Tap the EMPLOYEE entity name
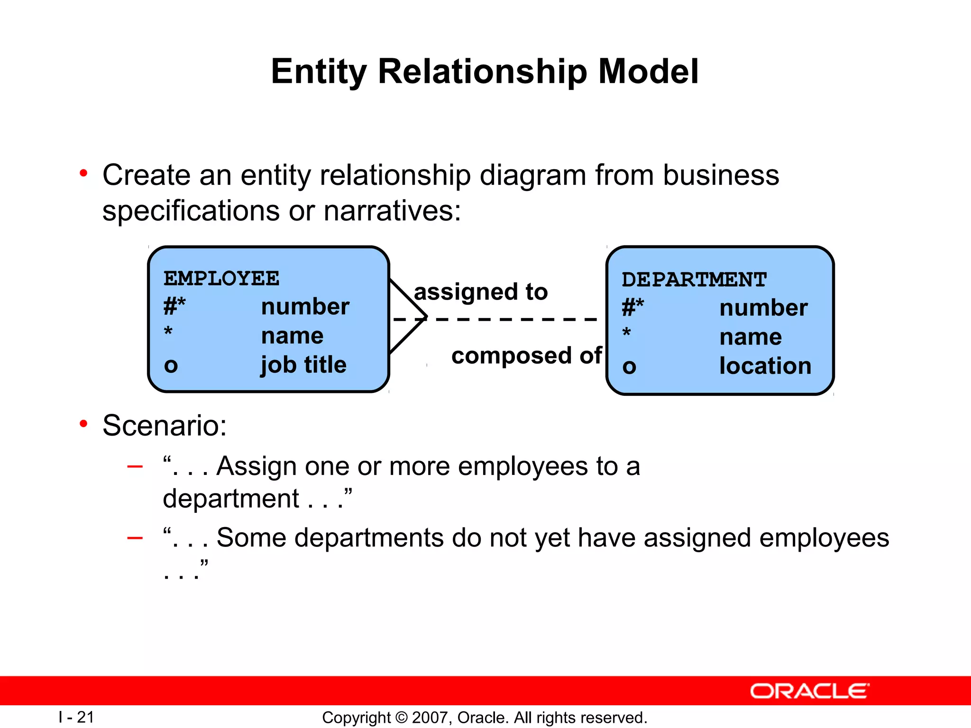(221, 278)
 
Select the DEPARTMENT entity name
(694, 280)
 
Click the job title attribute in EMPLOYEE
(303, 365)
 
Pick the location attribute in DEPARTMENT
(765, 366)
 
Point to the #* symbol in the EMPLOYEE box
(174, 306)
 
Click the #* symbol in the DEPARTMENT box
(632, 308)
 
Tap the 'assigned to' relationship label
(480, 291)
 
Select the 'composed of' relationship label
(526, 355)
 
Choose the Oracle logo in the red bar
(809, 691)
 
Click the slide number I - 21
(76, 717)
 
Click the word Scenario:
(165, 425)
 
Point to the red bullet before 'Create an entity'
(83, 173)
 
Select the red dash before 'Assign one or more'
(135, 466)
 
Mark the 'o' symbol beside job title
(171, 365)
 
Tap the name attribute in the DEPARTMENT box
(750, 337)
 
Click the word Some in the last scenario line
(251, 538)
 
